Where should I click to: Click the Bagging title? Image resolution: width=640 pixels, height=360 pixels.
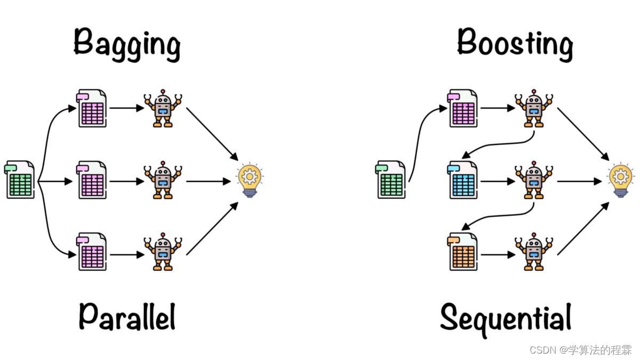127,43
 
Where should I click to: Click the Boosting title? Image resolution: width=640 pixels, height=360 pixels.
515,43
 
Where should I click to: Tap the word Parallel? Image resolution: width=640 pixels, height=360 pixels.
127,316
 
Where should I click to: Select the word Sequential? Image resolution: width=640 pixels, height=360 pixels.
506,318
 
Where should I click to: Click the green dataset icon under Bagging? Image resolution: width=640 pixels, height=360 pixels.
20,180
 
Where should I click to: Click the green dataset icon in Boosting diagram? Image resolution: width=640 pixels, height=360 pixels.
391,180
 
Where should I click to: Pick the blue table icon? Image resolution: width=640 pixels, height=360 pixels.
463,180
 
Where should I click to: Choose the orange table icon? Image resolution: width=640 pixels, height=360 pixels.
463,252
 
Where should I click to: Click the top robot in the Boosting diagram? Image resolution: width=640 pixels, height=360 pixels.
533,108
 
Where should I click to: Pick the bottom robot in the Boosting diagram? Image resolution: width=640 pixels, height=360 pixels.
533,252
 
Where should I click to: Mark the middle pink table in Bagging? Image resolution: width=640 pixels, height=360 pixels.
92,180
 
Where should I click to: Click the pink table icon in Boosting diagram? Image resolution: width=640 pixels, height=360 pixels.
463,108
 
